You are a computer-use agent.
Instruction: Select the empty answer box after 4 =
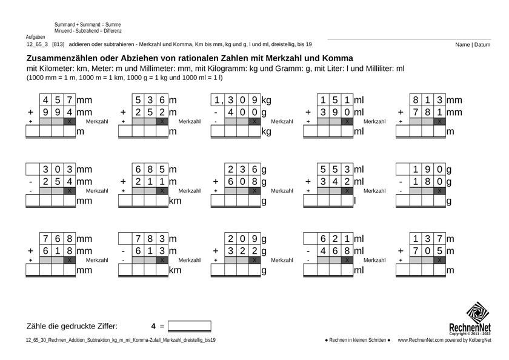click(190, 326)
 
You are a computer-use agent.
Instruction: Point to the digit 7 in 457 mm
click(70, 99)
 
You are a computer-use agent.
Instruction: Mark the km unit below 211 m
click(175, 201)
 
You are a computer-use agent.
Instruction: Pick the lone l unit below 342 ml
click(355, 201)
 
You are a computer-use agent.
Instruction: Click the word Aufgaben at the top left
click(35, 37)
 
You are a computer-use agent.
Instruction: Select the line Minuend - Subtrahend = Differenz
click(88, 30)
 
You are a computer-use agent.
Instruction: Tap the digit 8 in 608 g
click(256, 181)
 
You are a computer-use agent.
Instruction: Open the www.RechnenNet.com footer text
click(444, 341)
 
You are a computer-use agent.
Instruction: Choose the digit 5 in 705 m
click(441, 251)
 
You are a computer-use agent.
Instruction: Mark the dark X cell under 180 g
click(440, 191)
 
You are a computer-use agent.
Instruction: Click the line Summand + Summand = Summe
click(87, 24)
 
